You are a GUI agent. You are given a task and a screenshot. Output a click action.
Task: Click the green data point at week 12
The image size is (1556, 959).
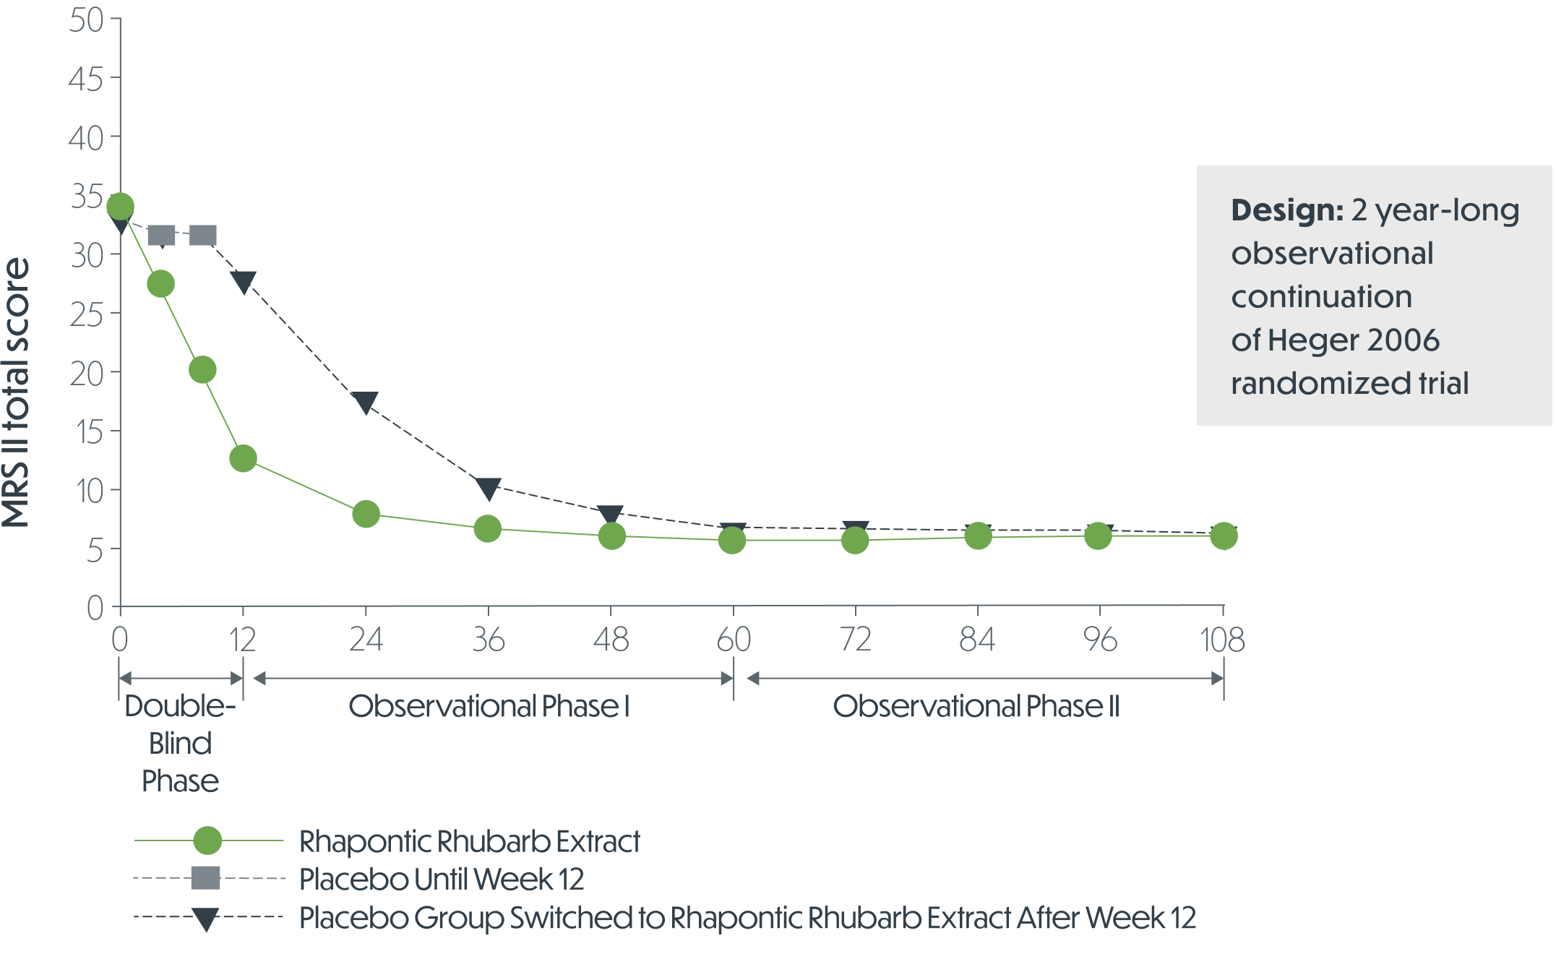[243, 458]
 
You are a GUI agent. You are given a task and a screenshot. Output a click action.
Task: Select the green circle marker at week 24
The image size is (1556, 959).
[366, 514]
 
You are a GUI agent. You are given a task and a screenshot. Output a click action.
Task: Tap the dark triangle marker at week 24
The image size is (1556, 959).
[366, 403]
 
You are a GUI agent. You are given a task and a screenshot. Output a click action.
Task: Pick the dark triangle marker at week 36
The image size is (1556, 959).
[489, 489]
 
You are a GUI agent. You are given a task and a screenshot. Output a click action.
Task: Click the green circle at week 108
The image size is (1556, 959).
[1223, 536]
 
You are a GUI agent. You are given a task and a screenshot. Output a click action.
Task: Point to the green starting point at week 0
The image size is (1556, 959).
[120, 207]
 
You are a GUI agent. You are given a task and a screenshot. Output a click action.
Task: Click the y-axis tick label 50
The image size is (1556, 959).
[86, 20]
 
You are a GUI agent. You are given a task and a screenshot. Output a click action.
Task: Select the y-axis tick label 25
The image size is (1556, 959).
[86, 314]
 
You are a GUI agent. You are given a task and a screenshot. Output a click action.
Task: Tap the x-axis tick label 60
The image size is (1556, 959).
[734, 640]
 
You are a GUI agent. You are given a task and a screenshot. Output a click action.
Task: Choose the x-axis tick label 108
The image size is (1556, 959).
[1223, 640]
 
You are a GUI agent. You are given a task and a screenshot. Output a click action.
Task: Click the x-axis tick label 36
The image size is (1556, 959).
[489, 640]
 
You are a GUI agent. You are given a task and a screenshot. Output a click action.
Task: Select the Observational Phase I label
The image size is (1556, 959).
[489, 706]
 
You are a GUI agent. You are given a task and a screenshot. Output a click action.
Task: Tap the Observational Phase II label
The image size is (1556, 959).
[976, 706]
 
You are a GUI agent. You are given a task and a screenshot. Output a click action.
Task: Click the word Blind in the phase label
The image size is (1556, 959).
[180, 744]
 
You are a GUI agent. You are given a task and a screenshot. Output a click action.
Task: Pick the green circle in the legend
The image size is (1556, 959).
[208, 840]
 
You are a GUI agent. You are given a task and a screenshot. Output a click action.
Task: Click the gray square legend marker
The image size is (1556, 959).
[205, 878]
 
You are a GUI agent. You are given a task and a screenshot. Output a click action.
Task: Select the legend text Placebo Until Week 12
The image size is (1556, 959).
[441, 880]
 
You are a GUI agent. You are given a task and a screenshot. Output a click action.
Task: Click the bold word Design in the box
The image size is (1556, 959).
[1286, 210]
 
